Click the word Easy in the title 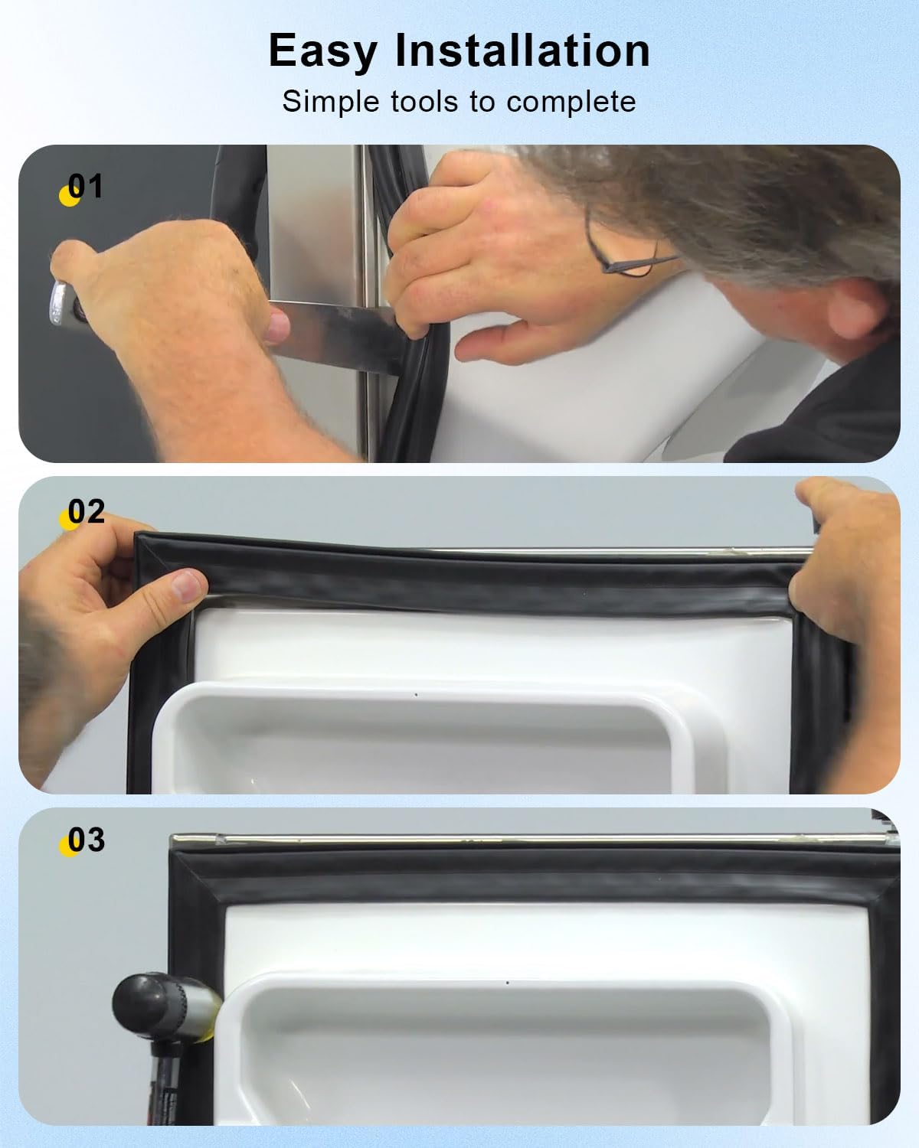(x=322, y=51)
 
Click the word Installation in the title (x=522, y=51)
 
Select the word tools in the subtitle (x=424, y=101)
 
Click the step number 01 (x=86, y=186)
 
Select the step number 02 (x=86, y=511)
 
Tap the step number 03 (x=86, y=840)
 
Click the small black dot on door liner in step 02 (x=415, y=695)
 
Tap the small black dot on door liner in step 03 (x=508, y=981)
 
